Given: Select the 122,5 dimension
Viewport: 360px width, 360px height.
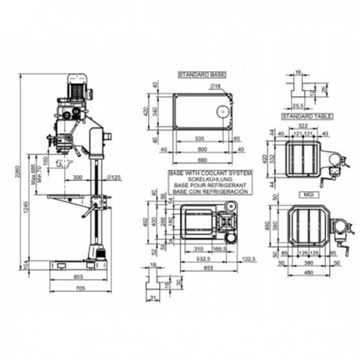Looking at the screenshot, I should coord(250,258).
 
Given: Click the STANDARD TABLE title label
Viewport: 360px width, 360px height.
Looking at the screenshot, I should coord(307,116).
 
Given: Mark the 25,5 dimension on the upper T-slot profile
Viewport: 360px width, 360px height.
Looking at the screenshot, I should coord(298,104).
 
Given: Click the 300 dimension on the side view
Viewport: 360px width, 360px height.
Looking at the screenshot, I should coord(77,178).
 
